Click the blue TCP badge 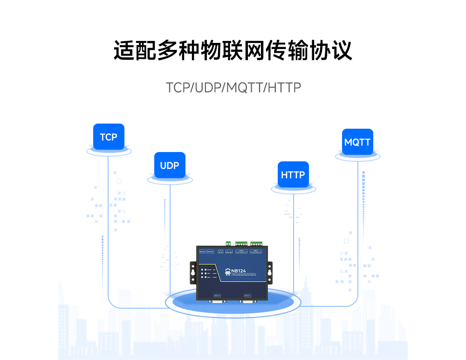pyautogui.click(x=109, y=137)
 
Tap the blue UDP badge pyautogui.click(x=170, y=166)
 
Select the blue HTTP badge pyautogui.click(x=293, y=175)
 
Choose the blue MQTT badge pyautogui.click(x=357, y=142)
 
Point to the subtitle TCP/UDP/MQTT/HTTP pyautogui.click(x=233, y=88)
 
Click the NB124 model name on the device pyautogui.click(x=238, y=271)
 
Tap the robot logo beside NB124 pyautogui.click(x=227, y=272)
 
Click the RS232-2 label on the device pyautogui.click(x=217, y=296)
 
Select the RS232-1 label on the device pyautogui.click(x=247, y=296)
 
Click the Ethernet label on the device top pyautogui.click(x=210, y=252)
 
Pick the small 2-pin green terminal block pyautogui.click(x=228, y=243)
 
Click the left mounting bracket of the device pyautogui.click(x=192, y=272)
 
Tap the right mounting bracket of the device pyautogui.click(x=270, y=272)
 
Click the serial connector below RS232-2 pyautogui.click(x=217, y=302)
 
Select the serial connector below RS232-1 pyautogui.click(x=248, y=302)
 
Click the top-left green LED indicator pyautogui.click(x=202, y=270)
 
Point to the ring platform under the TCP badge pyautogui.click(x=109, y=152)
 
